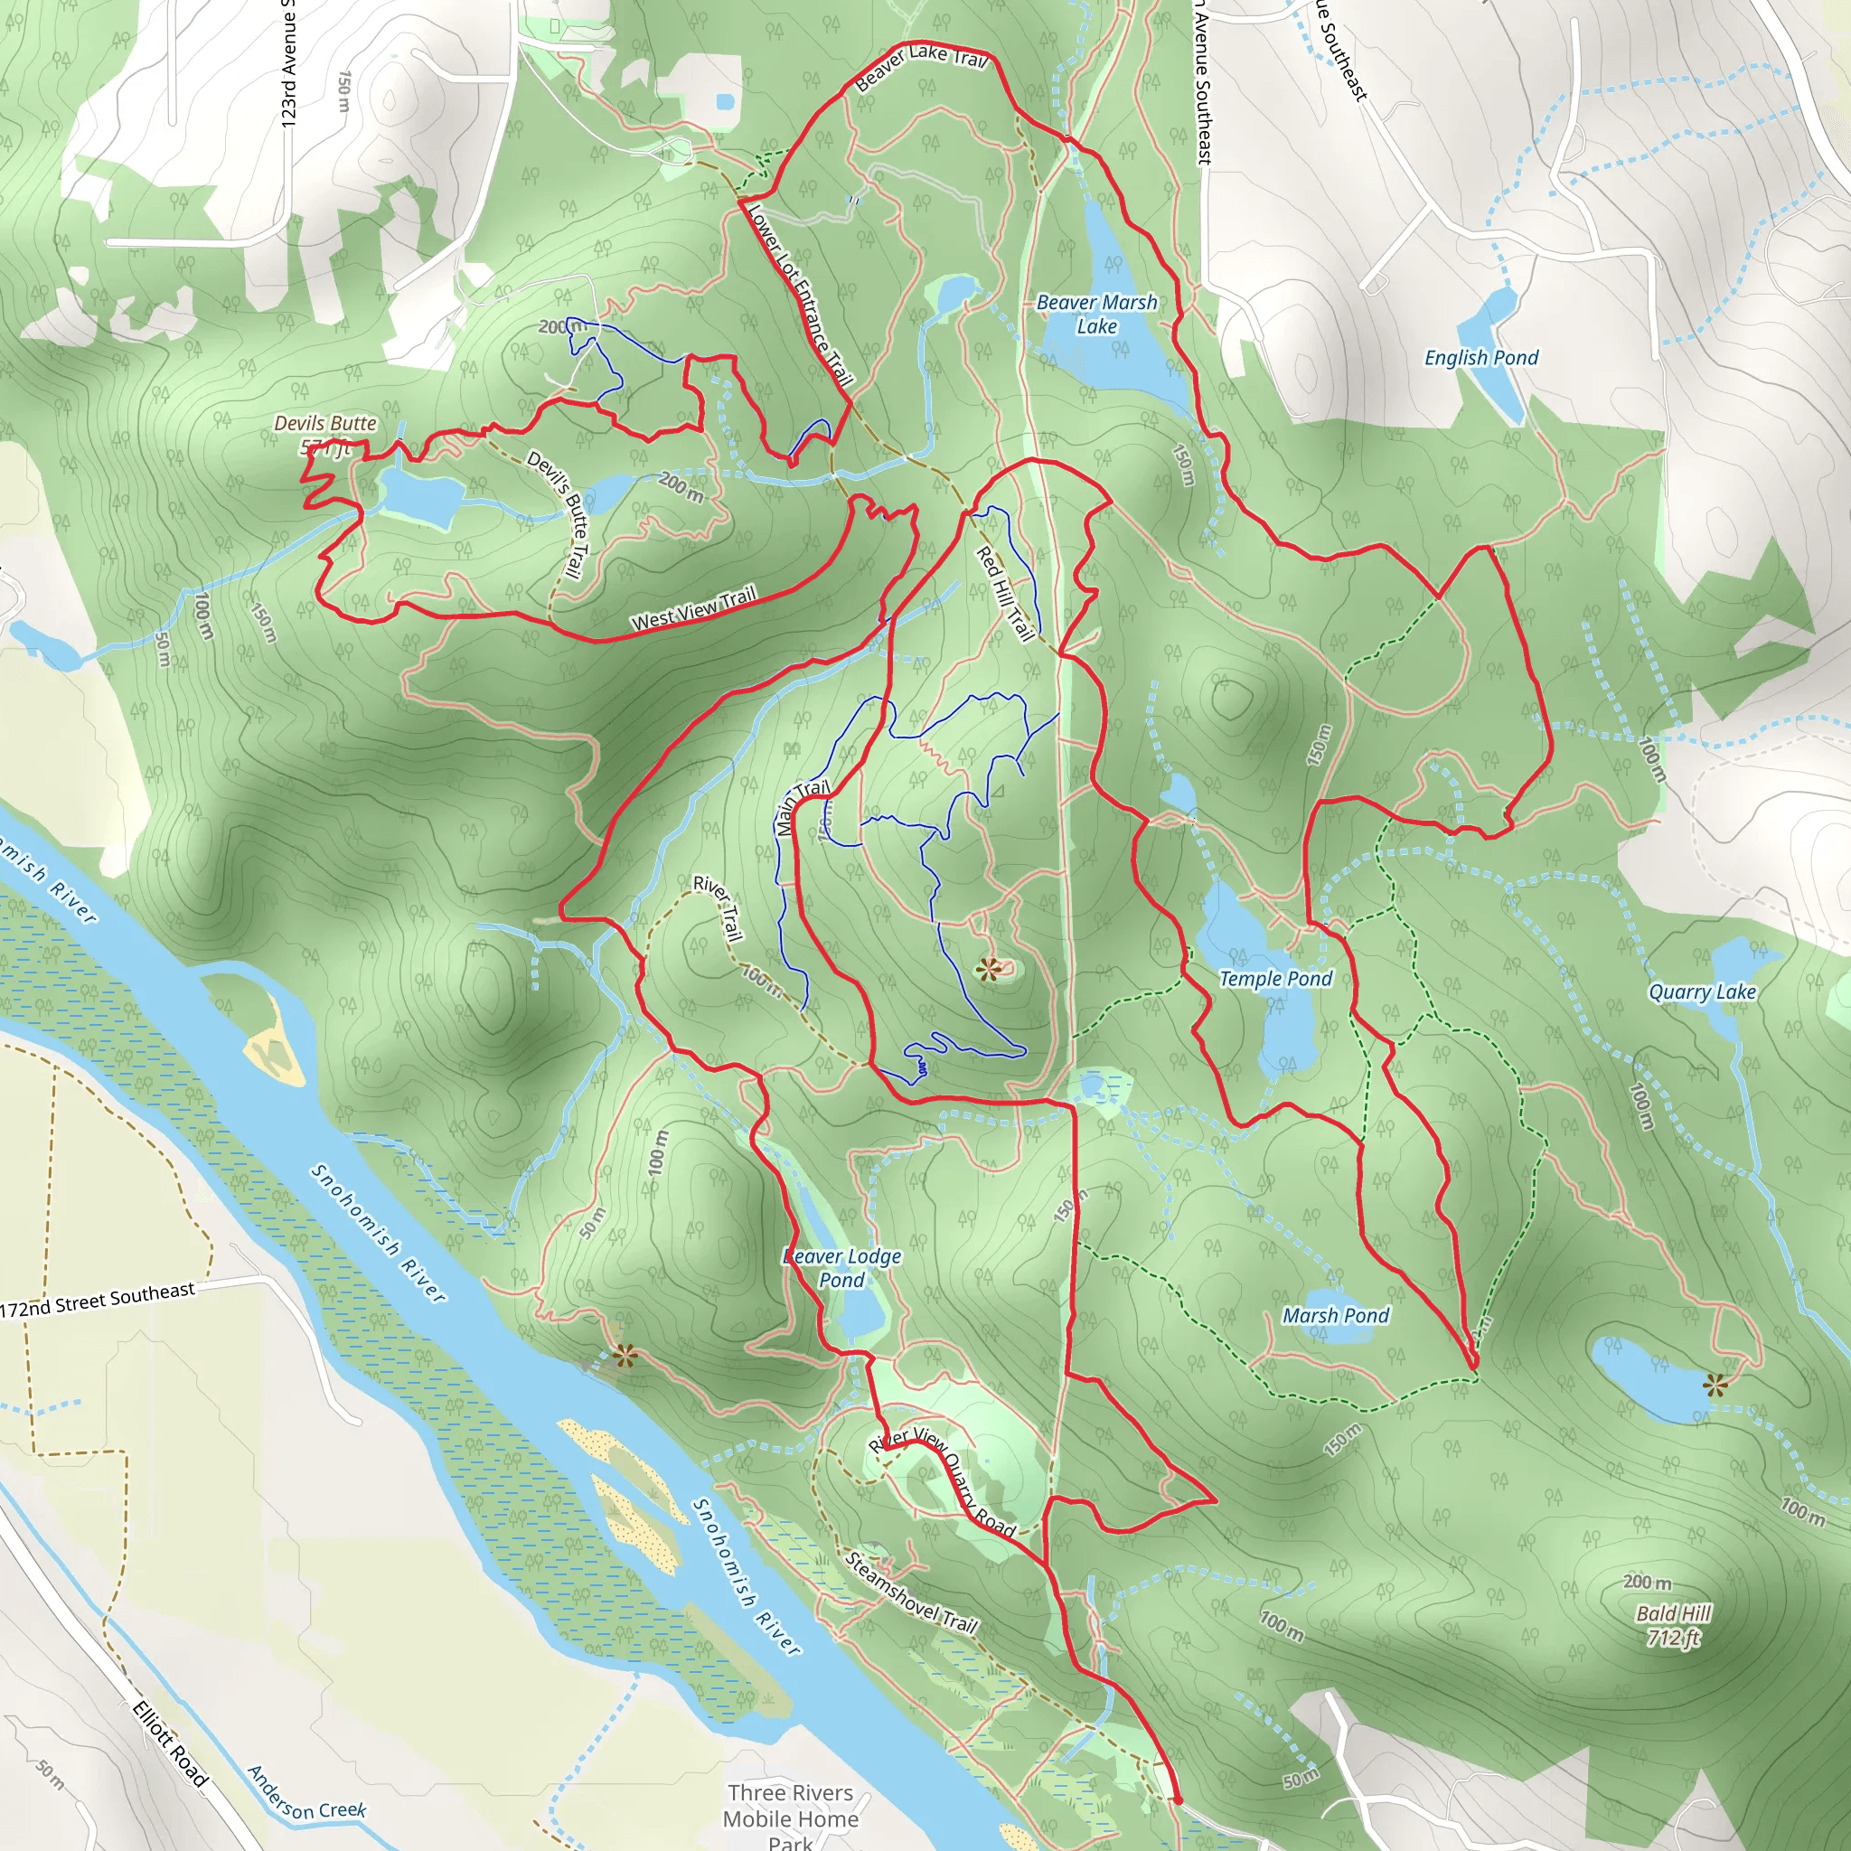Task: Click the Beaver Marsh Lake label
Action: tap(1096, 315)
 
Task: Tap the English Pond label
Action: tap(1480, 357)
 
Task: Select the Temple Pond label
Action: tap(1274, 978)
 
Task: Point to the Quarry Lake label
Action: tap(1702, 991)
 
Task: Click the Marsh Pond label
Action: tap(1335, 1315)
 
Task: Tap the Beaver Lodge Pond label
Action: tap(841, 1267)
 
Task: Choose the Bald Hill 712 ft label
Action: tap(1673, 1625)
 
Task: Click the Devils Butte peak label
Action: tap(324, 434)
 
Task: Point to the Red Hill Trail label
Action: tap(1004, 593)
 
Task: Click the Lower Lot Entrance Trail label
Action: tap(799, 294)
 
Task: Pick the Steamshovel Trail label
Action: tap(909, 1593)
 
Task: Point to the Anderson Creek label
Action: tap(305, 1793)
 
